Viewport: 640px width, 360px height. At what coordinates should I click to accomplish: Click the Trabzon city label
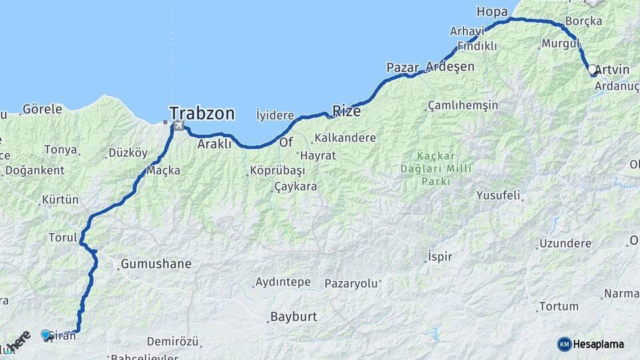coord(201,113)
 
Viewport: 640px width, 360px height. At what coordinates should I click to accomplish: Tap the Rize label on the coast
coord(346,111)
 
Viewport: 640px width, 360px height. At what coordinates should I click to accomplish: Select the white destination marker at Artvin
coord(591,69)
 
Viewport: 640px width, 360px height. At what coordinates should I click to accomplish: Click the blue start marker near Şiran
coord(45,334)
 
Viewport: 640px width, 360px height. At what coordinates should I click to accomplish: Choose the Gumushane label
coord(155,264)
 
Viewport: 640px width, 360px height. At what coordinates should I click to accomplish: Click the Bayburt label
coord(294,317)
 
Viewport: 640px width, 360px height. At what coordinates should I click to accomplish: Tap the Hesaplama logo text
coord(599,344)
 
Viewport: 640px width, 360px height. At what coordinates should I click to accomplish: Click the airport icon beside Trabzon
coord(178,125)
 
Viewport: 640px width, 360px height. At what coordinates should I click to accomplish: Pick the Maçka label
coord(163,171)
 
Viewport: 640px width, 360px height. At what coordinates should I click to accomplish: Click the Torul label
coord(63,237)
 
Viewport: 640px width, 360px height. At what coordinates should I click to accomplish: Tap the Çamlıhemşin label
coord(463,105)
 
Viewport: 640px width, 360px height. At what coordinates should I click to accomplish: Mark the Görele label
coord(42,109)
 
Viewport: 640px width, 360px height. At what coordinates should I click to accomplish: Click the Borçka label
coord(583,21)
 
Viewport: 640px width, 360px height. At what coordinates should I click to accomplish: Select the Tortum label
coord(558,307)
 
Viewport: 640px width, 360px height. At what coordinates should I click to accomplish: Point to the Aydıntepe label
coord(283,282)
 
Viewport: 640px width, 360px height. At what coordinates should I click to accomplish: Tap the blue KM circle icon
coord(564,344)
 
